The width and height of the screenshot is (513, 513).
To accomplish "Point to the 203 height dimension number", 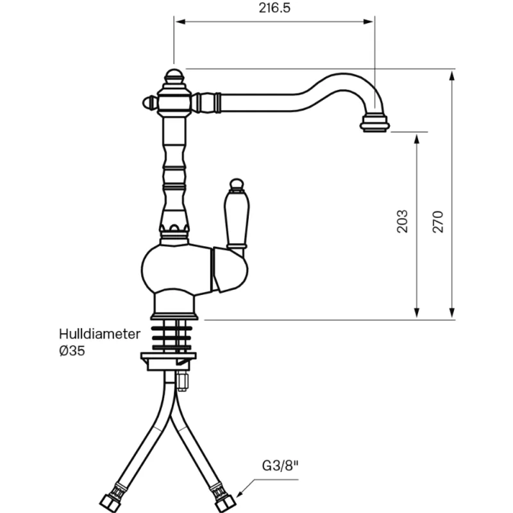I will [402, 221].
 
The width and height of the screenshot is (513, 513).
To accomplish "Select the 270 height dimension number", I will [438, 221].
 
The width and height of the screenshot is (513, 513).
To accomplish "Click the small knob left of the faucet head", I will [147, 101].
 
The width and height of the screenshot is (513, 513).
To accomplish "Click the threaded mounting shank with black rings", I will [174, 334].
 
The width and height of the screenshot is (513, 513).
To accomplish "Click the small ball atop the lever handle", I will [235, 185].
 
